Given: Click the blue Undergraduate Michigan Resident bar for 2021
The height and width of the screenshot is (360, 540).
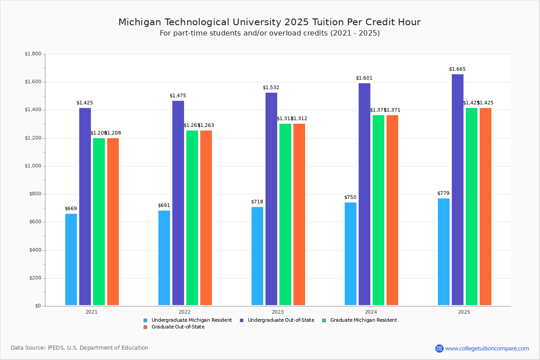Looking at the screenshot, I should point(71,259).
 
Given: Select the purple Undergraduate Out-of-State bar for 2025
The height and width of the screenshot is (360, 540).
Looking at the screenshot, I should point(458,189).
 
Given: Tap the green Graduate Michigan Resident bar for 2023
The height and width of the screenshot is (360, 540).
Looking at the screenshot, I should point(285,214).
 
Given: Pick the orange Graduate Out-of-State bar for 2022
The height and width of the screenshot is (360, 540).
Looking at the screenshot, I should point(206,218).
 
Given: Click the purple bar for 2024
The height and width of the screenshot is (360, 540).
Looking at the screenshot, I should point(364,194).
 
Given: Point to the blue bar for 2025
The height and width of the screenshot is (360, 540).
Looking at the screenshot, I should point(444,252).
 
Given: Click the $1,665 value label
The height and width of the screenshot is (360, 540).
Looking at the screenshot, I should point(457,69).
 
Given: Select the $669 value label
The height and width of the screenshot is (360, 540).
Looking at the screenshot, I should point(71,209).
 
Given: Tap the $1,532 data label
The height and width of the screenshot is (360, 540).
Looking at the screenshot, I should point(271,88).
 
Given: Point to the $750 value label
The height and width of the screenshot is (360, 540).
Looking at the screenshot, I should point(350,198).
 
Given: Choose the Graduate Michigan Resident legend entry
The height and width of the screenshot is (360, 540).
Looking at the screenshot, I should point(363,320).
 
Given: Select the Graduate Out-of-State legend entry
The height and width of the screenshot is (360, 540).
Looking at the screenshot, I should point(178,327).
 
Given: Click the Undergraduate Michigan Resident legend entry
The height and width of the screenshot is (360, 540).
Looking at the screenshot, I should point(191,320).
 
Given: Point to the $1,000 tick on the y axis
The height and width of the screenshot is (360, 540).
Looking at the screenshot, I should point(32,166).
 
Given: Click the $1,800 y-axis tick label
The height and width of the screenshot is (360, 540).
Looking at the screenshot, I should point(32,54).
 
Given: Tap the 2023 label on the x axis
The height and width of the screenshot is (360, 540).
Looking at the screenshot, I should point(278,312).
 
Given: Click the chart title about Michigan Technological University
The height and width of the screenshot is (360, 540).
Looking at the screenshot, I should point(270,22).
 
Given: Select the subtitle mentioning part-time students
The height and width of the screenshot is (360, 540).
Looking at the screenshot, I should point(270,33).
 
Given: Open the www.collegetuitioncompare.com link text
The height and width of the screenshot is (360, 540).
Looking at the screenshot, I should point(487,348).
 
